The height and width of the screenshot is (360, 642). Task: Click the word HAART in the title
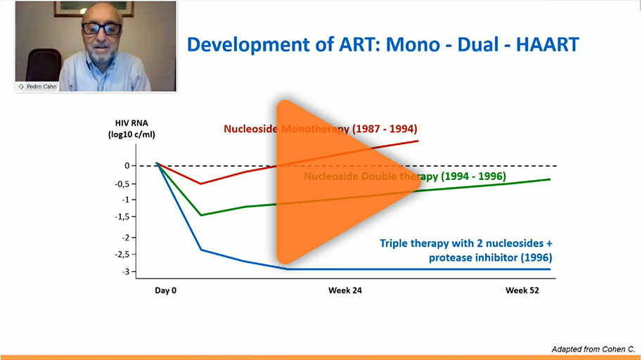click(547, 44)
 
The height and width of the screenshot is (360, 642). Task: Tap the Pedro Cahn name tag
click(37, 86)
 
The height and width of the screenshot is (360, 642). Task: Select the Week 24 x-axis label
click(345, 290)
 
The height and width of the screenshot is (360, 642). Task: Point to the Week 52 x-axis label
click(522, 290)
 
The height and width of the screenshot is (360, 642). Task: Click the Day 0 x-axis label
click(165, 290)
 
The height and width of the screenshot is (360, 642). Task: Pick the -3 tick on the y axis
click(127, 271)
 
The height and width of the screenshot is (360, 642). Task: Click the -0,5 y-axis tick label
click(123, 184)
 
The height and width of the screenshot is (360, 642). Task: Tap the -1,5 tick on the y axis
click(123, 217)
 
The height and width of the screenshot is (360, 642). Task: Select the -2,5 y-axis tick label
click(123, 255)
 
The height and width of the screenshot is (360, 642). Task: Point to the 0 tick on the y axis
click(127, 165)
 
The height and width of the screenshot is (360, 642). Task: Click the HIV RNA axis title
click(131, 129)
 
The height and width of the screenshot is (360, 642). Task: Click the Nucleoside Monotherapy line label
click(320, 129)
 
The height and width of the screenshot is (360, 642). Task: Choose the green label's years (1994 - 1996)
click(473, 176)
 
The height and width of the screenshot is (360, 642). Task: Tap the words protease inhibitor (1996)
click(491, 257)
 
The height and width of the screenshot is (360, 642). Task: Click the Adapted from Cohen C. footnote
click(593, 349)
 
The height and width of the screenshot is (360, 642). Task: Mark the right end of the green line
click(551, 179)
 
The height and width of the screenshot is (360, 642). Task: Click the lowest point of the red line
click(200, 184)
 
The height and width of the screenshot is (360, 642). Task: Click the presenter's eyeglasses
click(102, 29)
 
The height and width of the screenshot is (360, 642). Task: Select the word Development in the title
click(248, 45)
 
